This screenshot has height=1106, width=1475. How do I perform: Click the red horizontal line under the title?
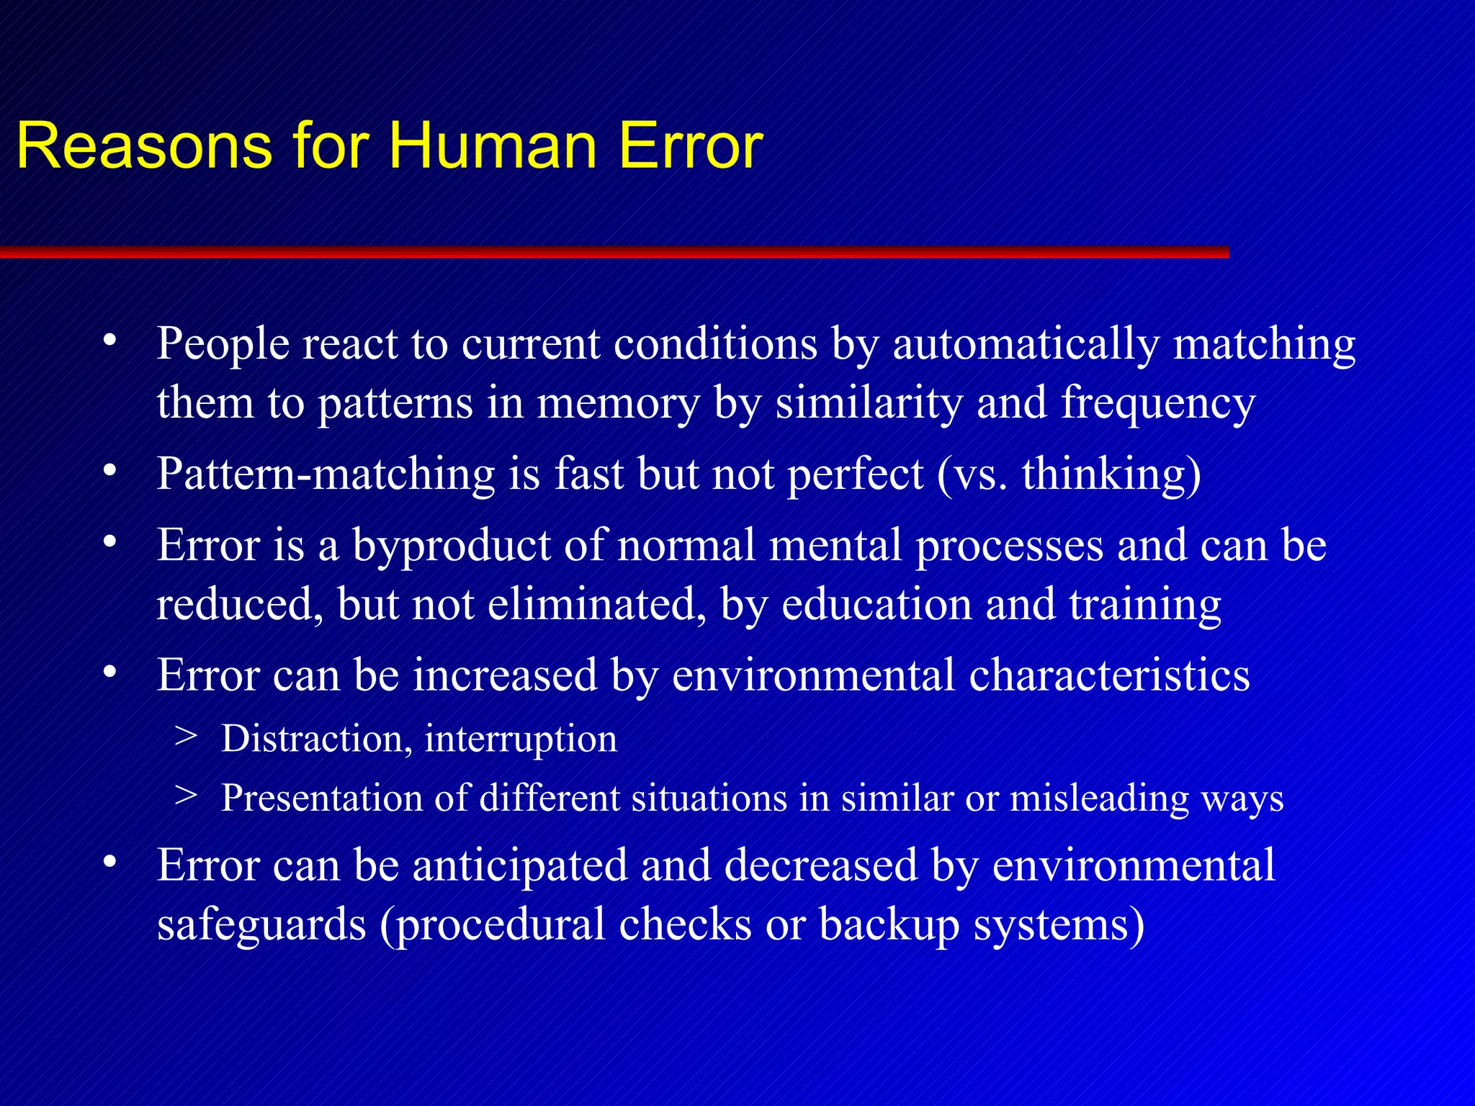pos(612,252)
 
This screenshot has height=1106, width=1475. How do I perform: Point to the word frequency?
pos(1158,403)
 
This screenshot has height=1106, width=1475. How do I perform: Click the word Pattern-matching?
pos(326,475)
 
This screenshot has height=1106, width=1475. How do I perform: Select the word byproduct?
pos(451,546)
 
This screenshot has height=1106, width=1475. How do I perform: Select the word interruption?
pos(521,740)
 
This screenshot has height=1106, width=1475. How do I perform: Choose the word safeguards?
pos(261,925)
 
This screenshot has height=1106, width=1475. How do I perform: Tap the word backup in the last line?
pos(889,925)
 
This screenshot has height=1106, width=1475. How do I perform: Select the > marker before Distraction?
pos(186,736)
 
